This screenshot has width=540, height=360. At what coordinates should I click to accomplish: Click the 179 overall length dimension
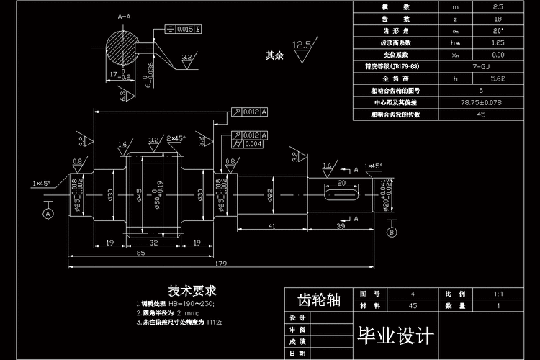[x=220, y=264]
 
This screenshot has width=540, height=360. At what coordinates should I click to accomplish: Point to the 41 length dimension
[x=271, y=227]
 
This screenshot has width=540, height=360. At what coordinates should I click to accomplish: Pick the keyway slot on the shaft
[x=342, y=194]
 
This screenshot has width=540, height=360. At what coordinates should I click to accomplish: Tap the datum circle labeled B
[x=392, y=233]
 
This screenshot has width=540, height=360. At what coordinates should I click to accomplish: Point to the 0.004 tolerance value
[x=251, y=144]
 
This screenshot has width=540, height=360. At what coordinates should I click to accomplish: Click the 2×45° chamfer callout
[x=176, y=138]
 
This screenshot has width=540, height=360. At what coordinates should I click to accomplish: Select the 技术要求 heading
[x=192, y=291]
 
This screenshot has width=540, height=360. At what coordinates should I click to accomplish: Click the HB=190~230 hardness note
[x=176, y=304]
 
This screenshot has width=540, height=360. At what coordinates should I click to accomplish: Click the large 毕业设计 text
[x=396, y=336]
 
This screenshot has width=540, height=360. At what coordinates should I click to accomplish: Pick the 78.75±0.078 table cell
[x=481, y=103]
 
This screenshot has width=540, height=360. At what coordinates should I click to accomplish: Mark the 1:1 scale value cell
[x=500, y=294]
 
